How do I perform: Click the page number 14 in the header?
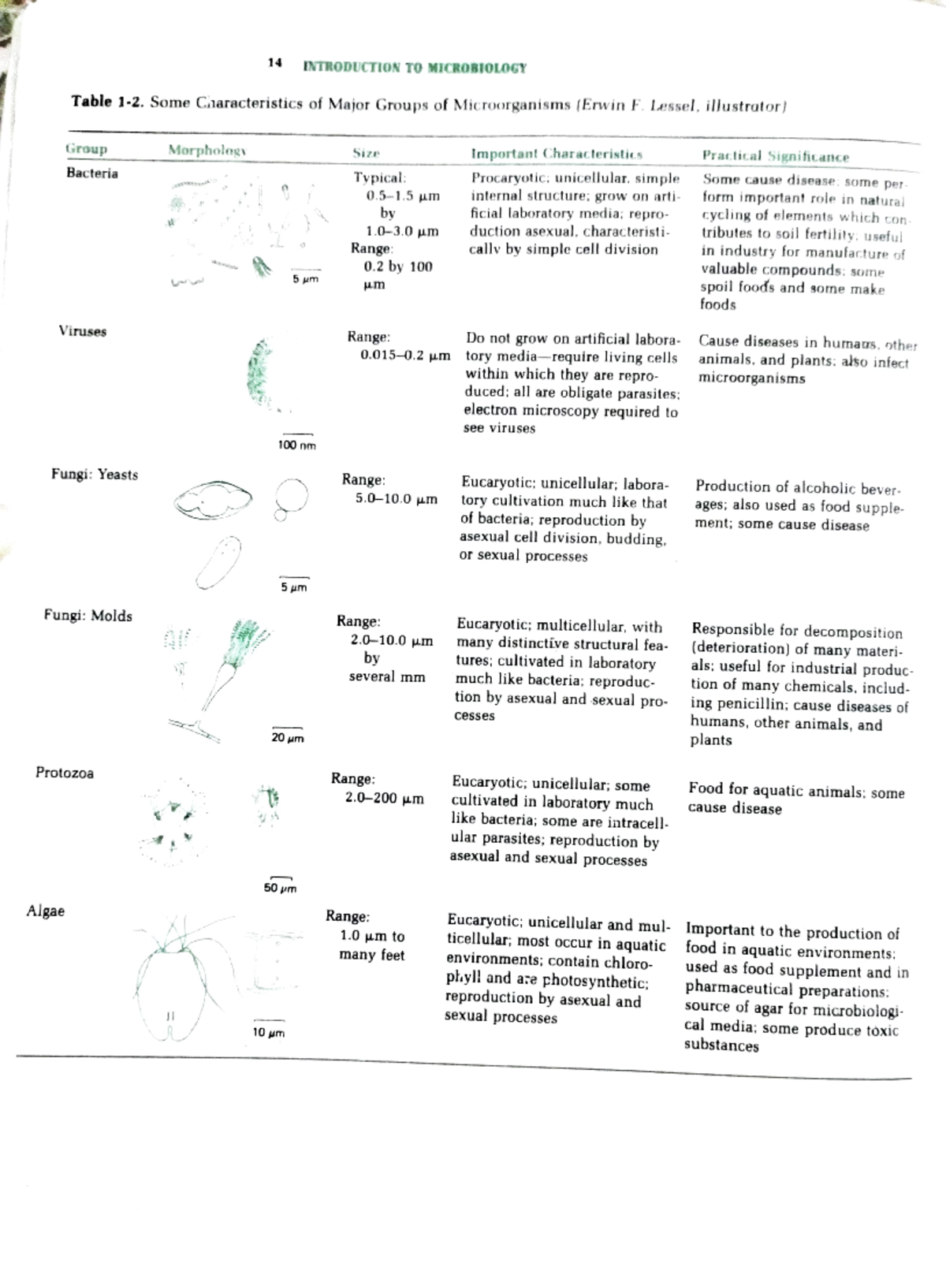274,63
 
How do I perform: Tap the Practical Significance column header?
776,156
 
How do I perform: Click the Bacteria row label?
92,173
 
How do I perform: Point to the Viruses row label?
82,331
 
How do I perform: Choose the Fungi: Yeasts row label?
95,475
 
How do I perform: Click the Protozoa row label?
65,773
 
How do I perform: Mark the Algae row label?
46,911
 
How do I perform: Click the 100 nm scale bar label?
296,445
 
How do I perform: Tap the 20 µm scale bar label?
288,738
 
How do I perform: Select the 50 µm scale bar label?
280,888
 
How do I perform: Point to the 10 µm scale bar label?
268,1032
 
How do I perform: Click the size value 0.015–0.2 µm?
405,355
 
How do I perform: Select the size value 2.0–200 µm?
384,798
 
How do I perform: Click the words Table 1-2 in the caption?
107,102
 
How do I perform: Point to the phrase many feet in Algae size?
371,955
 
